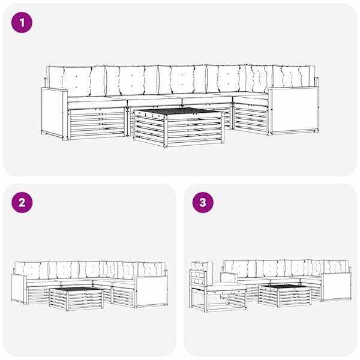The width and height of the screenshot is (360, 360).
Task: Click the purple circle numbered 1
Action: [22, 23]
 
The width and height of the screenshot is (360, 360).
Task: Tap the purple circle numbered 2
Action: [22, 202]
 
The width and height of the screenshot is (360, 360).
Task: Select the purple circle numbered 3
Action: [203, 202]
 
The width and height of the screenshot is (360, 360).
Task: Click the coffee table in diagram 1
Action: [179, 127]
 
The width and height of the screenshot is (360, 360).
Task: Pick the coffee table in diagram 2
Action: [76, 298]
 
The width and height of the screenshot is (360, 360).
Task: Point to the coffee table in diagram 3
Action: [284, 295]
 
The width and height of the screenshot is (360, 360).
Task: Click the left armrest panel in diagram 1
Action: [54, 113]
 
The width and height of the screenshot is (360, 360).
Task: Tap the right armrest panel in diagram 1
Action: [294, 111]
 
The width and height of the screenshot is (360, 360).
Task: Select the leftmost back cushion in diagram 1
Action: [76, 81]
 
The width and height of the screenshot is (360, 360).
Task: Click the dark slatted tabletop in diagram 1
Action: [179, 111]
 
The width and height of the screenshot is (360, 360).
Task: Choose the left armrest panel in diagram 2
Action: [19, 289]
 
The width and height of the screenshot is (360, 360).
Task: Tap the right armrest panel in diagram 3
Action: [336, 287]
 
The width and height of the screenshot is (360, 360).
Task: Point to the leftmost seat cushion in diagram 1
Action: [97, 103]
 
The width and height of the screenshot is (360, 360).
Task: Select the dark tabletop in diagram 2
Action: [76, 289]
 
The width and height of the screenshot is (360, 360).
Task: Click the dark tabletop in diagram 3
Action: [285, 286]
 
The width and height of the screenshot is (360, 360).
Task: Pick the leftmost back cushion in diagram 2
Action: [32, 270]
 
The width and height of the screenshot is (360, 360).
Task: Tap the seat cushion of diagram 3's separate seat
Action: [226, 287]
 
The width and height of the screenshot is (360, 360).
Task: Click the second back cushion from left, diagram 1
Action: [131, 80]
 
